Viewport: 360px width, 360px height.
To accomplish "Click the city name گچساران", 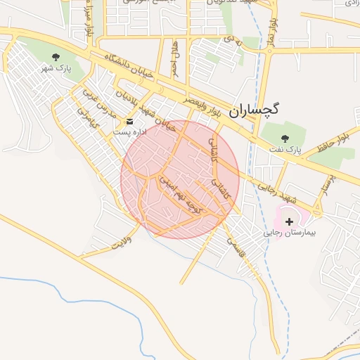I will pyautogui.click(x=254, y=109).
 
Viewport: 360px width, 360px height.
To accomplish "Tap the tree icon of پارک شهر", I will pyautogui.click(x=56, y=57).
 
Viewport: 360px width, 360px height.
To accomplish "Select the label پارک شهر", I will pyautogui.click(x=56, y=69).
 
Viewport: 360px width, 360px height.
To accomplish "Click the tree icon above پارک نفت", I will pyautogui.click(x=285, y=138).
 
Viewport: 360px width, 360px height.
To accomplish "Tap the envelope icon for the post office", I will pyautogui.click(x=129, y=121).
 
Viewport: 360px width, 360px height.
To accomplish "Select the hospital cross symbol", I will pyautogui.click(x=290, y=221).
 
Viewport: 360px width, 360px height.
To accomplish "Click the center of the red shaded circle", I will pyautogui.click(x=180, y=179).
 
